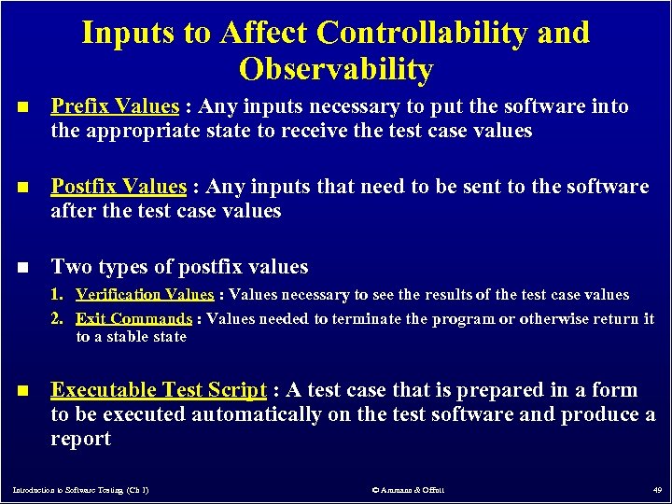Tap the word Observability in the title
(x=336, y=69)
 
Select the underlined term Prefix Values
(x=114, y=106)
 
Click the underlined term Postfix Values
(x=119, y=187)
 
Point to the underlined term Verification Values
(x=145, y=295)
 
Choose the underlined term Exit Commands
(x=133, y=318)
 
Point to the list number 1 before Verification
(x=57, y=295)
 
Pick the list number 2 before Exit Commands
(x=57, y=318)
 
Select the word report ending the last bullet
(x=80, y=439)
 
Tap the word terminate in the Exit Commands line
(x=369, y=318)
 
